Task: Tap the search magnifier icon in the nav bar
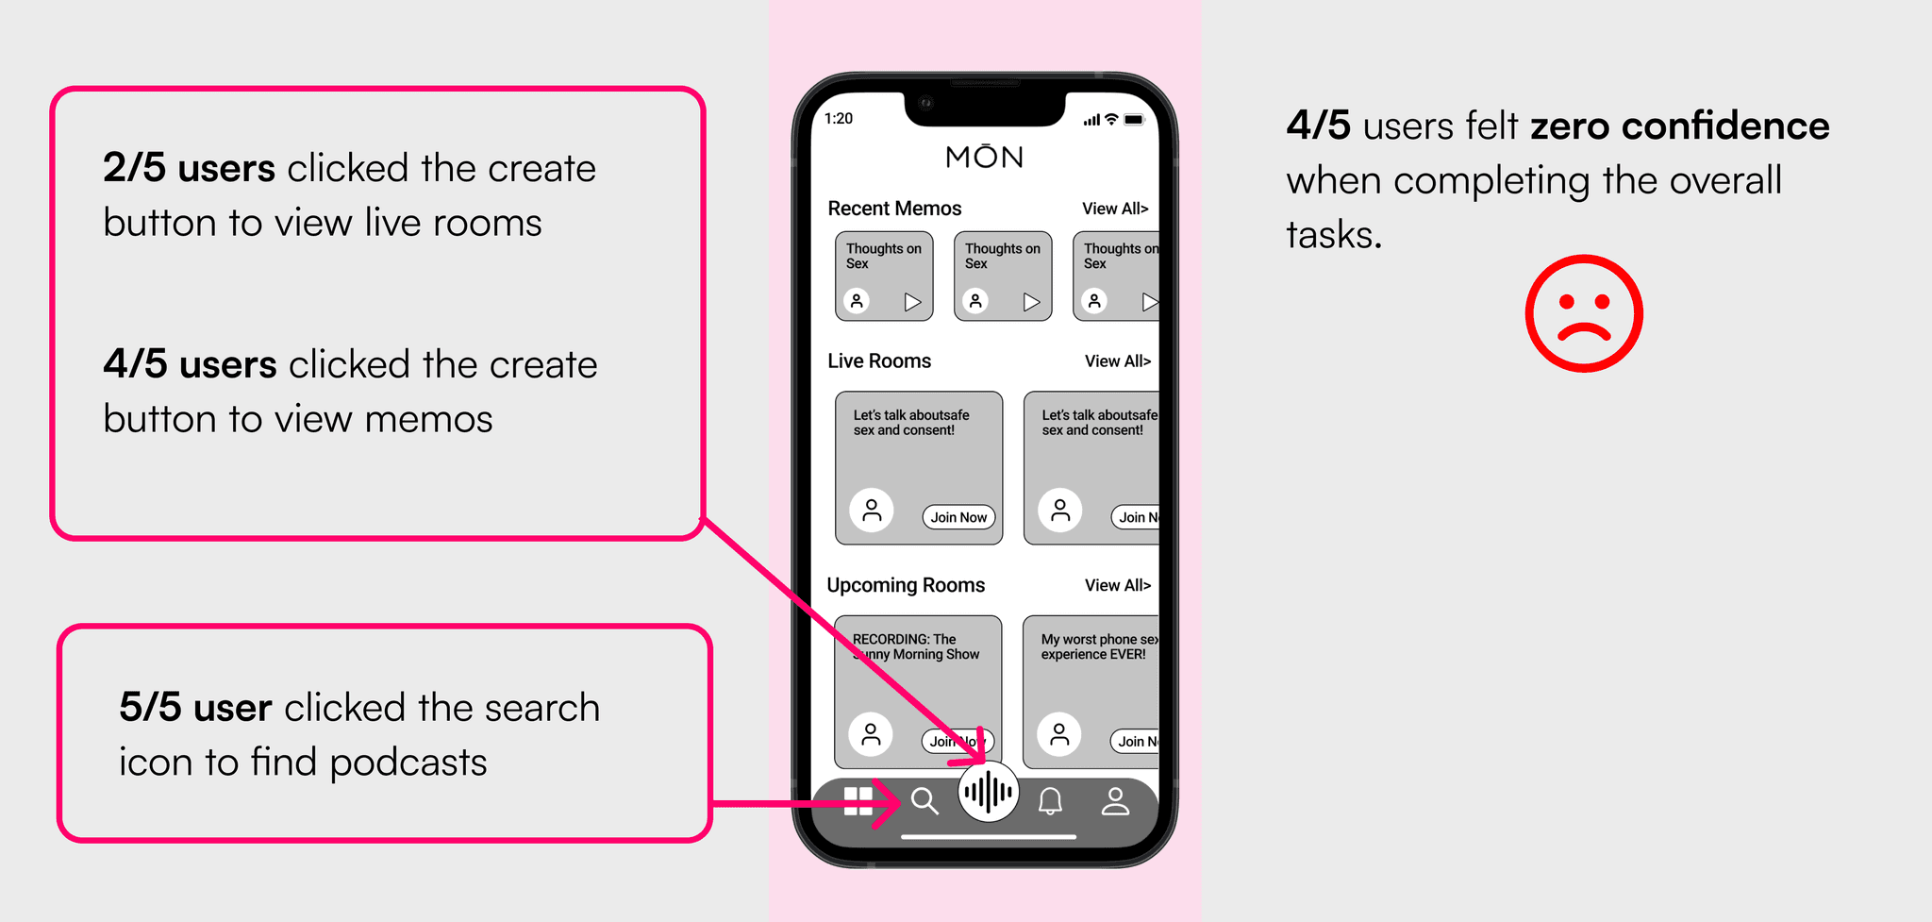click(924, 801)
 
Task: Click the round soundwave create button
click(988, 792)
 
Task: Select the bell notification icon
click(1050, 801)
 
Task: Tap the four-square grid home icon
click(858, 801)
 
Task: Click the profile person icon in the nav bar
click(1115, 801)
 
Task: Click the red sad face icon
click(1584, 313)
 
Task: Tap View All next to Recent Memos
click(1115, 209)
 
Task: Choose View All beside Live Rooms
click(1118, 361)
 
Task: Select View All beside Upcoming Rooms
click(1118, 585)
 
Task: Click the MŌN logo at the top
click(985, 156)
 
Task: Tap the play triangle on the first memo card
click(912, 302)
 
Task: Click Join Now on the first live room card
click(958, 517)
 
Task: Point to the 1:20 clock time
click(839, 119)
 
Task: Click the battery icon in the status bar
click(1135, 120)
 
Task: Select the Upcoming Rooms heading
click(906, 585)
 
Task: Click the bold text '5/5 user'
click(195, 708)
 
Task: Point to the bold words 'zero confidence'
click(1680, 126)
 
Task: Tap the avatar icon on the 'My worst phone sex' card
click(1059, 734)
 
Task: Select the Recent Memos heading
click(894, 209)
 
